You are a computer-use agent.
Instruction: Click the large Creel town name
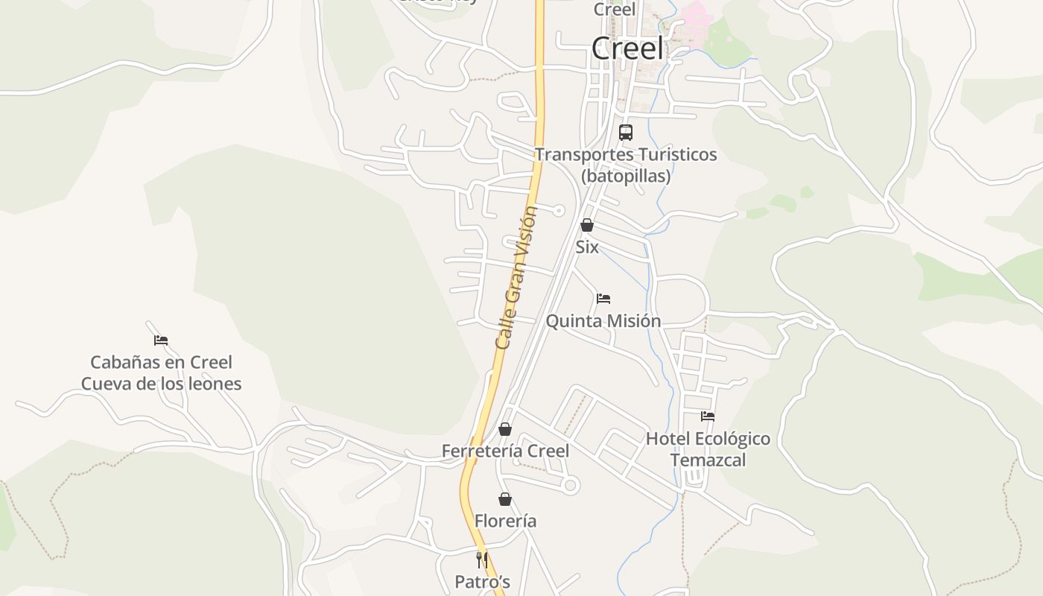tap(627, 48)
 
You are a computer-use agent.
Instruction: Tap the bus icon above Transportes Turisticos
tap(626, 133)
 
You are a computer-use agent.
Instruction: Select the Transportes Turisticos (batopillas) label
tap(626, 165)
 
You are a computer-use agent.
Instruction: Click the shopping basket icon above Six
tap(587, 225)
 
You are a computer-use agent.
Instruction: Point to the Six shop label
tap(587, 247)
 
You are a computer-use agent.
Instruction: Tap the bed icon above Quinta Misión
tap(603, 299)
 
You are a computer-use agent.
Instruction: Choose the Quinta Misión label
tap(603, 321)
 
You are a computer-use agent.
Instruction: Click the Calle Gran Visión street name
tap(516, 277)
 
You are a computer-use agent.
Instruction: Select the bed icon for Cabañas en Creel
tap(161, 340)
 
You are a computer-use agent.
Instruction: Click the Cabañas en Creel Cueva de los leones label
tap(161, 373)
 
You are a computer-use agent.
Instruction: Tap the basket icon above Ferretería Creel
tap(505, 429)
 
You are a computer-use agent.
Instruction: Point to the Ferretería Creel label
tap(505, 451)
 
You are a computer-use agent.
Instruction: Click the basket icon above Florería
tap(505, 499)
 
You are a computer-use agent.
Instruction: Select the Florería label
tap(505, 521)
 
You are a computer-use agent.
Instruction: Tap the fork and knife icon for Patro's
tap(482, 559)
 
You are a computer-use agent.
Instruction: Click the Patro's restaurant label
tap(482, 582)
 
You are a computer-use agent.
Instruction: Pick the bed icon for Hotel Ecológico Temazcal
tap(708, 416)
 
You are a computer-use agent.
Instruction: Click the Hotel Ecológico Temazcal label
tap(708, 449)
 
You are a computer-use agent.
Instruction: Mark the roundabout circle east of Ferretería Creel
tap(571, 486)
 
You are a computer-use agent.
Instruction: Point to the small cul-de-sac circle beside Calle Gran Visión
tap(559, 211)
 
